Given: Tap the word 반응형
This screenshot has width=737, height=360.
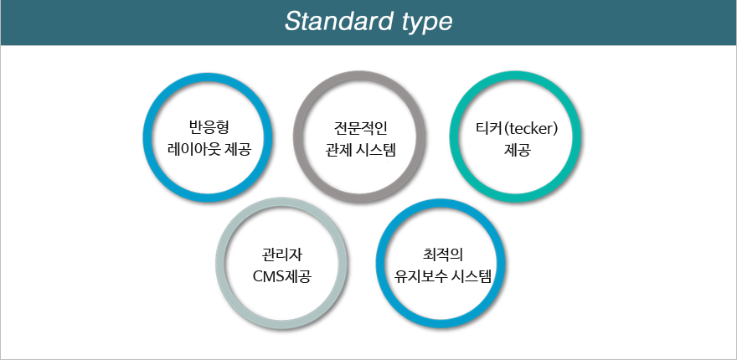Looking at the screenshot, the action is [x=208, y=127].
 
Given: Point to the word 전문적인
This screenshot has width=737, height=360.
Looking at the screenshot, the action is [x=359, y=128].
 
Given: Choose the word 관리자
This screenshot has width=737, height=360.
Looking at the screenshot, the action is [x=282, y=255].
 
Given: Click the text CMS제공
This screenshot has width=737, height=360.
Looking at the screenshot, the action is [x=282, y=276].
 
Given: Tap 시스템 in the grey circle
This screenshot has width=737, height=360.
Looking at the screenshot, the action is [x=378, y=151].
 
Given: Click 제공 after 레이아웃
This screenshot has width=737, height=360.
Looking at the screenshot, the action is [x=238, y=150].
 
